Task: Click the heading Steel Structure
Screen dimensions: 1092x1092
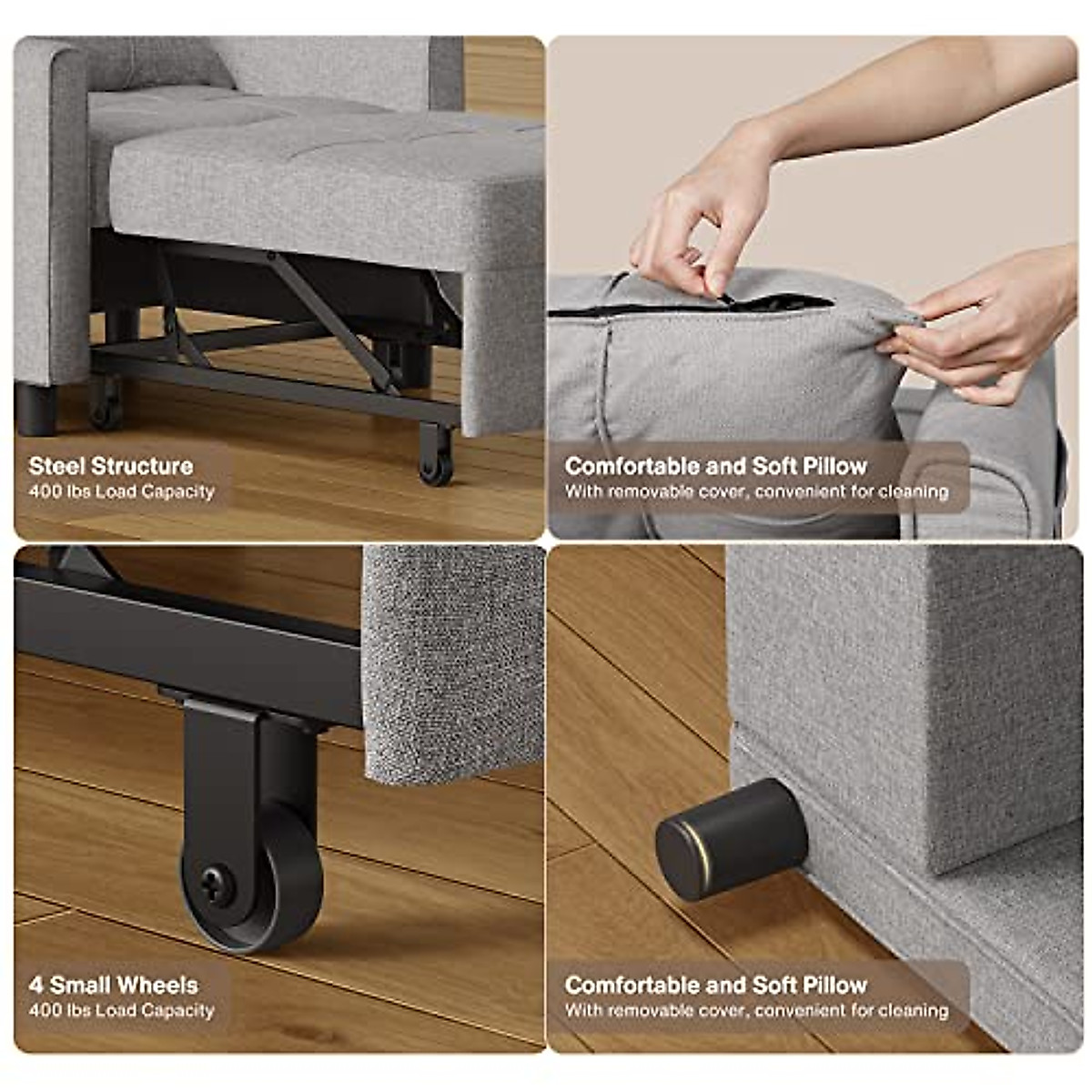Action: tap(111, 466)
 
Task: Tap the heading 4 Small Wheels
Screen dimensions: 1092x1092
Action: tap(113, 985)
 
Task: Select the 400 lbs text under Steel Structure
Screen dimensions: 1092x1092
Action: tap(122, 491)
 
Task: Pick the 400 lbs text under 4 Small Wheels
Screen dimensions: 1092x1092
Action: tap(122, 1010)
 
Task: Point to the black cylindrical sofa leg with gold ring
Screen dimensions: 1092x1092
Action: tap(732, 838)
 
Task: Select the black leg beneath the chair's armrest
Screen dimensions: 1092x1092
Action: tap(36, 409)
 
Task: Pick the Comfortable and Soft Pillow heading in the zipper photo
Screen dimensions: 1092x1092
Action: tap(716, 466)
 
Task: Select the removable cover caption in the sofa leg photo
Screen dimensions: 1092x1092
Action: tap(756, 1010)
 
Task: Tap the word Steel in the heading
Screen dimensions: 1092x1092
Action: tap(59, 466)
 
